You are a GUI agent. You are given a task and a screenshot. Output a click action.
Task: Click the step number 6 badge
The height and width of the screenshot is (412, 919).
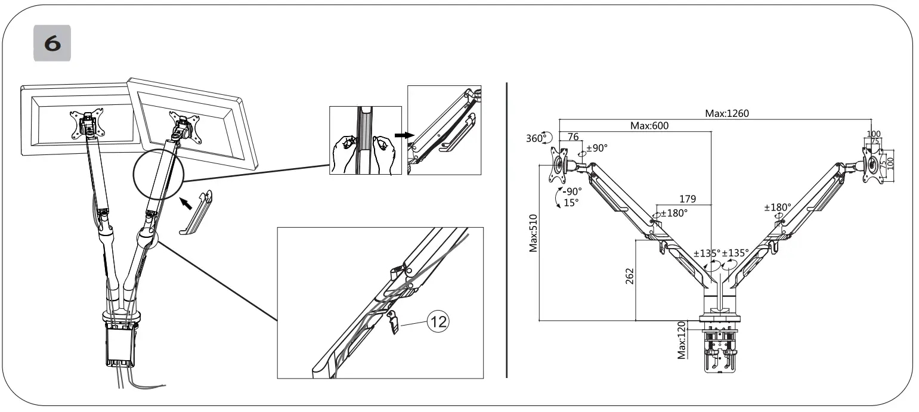click(52, 44)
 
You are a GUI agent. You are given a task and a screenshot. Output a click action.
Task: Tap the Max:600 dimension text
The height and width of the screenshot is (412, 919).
click(649, 126)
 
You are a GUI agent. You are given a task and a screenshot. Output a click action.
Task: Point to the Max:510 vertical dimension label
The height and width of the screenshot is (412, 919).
click(534, 234)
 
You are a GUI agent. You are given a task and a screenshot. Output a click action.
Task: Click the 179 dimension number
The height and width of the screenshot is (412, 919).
click(688, 199)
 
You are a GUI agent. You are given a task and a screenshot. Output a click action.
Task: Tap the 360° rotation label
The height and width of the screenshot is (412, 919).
click(536, 138)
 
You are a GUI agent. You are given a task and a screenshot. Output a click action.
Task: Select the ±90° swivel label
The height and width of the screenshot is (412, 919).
click(596, 148)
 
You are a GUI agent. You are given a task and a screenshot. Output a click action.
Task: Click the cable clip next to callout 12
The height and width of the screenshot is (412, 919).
click(394, 321)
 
